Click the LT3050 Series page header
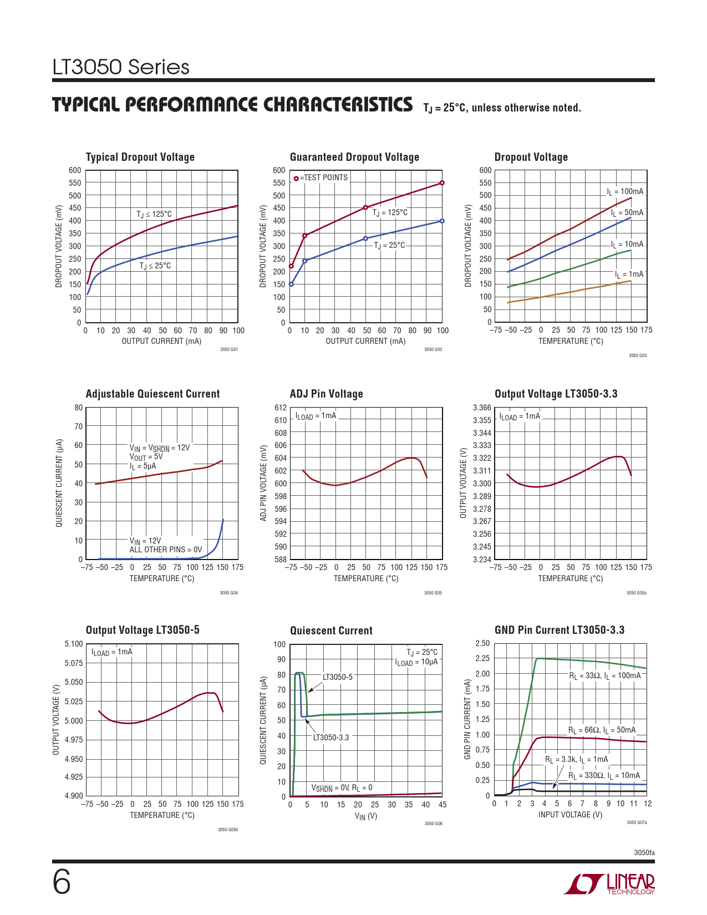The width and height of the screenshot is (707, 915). click(x=121, y=67)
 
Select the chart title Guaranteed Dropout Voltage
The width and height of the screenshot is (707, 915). click(x=354, y=157)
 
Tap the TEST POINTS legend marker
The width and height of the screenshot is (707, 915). click(x=296, y=178)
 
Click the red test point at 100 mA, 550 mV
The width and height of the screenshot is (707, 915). click(x=442, y=183)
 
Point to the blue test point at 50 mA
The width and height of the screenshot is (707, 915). click(x=365, y=238)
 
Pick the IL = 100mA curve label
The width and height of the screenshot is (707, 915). click(x=625, y=192)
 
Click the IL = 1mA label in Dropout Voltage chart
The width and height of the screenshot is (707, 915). click(x=629, y=274)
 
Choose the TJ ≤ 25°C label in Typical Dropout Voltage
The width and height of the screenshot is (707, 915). click(x=155, y=266)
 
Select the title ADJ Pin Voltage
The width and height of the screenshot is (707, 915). click(x=326, y=394)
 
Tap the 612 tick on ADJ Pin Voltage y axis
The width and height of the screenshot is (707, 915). click(x=281, y=408)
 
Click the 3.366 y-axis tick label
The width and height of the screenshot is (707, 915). click(x=482, y=408)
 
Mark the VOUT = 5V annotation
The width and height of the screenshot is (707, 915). click(x=146, y=457)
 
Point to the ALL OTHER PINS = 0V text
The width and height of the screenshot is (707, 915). click(x=165, y=550)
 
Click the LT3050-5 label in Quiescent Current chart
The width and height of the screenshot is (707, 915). click(x=337, y=677)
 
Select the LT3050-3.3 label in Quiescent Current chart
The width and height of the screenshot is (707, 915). click(x=331, y=738)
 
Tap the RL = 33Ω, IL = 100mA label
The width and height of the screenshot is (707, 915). click(x=604, y=675)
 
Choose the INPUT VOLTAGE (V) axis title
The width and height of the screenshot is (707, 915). click(x=570, y=815)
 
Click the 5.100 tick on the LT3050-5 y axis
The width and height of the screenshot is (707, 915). click(x=74, y=644)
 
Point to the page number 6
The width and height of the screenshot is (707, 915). click(x=62, y=882)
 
